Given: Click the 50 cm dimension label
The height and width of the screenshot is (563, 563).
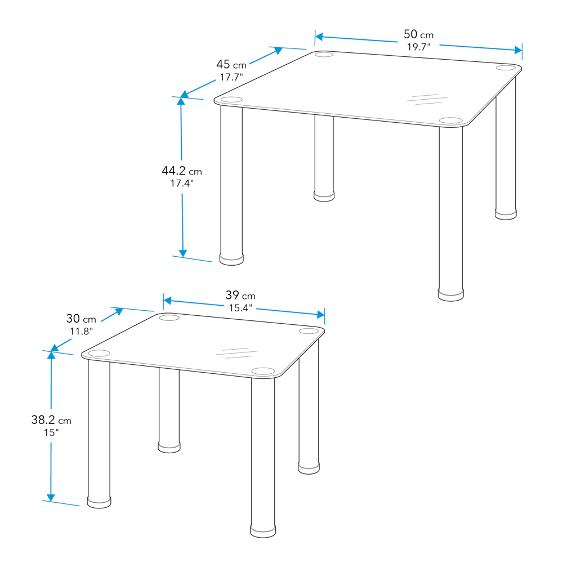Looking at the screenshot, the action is pos(418,34).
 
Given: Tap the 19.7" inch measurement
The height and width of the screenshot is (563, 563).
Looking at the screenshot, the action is pos(418,47).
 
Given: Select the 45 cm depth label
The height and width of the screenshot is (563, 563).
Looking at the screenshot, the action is pos(231,65).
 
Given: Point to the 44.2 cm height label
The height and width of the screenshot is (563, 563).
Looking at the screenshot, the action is pos(182,171).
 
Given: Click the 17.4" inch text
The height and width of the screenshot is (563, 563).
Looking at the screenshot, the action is pos(182,183).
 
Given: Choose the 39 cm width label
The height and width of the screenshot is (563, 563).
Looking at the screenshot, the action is pos(240,296).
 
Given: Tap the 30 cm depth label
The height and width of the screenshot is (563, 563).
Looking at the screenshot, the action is pos(81,319).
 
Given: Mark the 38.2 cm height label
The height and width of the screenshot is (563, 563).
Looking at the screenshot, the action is pos(51,420).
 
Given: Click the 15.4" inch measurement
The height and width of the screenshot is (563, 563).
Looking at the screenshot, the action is pos(240,308).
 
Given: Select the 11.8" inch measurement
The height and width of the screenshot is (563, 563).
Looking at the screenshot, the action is pos(81,331).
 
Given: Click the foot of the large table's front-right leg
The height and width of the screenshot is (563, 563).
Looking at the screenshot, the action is pos(450,294).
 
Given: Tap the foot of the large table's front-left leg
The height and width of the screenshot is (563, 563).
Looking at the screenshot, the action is pos(231,260).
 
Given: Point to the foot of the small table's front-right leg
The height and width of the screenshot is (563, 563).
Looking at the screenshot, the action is pos(263,531).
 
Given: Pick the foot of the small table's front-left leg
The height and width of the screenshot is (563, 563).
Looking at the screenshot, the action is pos(99,502).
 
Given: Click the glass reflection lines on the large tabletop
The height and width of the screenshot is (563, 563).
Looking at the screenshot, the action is pos(427,99).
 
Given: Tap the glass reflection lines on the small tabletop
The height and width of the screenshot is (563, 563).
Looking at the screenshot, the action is pos(237,353).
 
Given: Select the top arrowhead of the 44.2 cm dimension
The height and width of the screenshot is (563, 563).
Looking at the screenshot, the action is pos(181,101).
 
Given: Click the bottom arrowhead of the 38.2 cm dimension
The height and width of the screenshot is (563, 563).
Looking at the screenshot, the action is pos(51,498).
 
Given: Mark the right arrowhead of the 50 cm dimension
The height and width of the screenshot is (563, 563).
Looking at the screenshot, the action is pos(518,50).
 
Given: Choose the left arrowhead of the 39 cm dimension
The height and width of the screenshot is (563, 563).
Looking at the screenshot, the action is pos(167,301).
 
